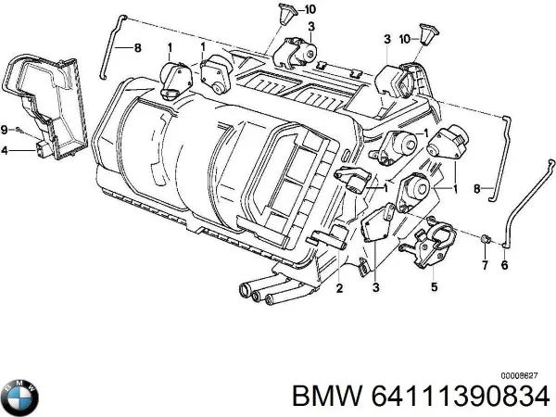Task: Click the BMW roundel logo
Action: click(20, 396)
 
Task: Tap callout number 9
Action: click(5, 128)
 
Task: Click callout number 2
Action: click(339, 288)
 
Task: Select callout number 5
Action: click(433, 286)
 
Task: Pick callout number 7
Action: click(482, 267)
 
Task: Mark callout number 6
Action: click(505, 267)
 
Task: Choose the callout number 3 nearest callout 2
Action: click(374, 288)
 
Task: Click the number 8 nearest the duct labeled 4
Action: click(138, 47)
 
